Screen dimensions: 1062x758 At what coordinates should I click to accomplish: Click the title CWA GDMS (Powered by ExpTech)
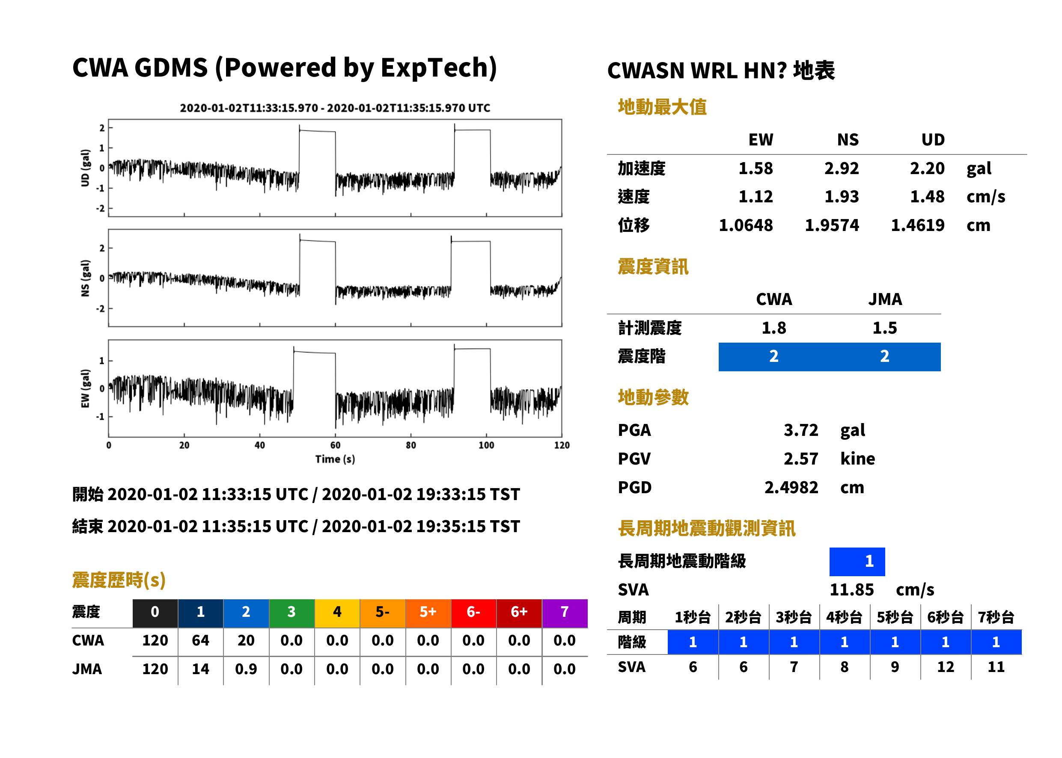[x=284, y=68]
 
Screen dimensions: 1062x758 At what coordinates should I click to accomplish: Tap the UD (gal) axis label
[x=85, y=168]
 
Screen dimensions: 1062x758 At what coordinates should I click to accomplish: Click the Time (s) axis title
[x=335, y=459]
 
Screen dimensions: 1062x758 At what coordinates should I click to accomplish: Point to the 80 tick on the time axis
[x=411, y=445]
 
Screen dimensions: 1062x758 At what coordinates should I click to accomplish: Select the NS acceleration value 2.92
[x=841, y=169]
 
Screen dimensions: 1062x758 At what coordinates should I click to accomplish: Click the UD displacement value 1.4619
[x=917, y=225]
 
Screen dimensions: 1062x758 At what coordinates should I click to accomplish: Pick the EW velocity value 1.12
[x=755, y=197]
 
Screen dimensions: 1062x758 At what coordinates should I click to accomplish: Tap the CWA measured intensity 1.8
[x=773, y=328]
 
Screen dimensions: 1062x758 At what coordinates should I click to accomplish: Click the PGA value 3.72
[x=800, y=430]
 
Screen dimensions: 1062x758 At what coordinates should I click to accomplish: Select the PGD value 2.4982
[x=791, y=488]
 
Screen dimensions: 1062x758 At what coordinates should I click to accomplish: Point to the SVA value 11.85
[x=851, y=590]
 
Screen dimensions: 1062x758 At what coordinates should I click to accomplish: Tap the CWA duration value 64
[x=200, y=641]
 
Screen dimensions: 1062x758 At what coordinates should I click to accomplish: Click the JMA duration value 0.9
[x=246, y=669]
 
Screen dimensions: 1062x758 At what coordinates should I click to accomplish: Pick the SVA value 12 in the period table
[x=945, y=667]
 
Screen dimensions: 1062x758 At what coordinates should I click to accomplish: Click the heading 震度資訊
[x=653, y=267]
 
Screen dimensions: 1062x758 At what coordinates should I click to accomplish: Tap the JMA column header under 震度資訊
[x=885, y=299]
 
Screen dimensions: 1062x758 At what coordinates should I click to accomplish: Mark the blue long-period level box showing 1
[x=857, y=562]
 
